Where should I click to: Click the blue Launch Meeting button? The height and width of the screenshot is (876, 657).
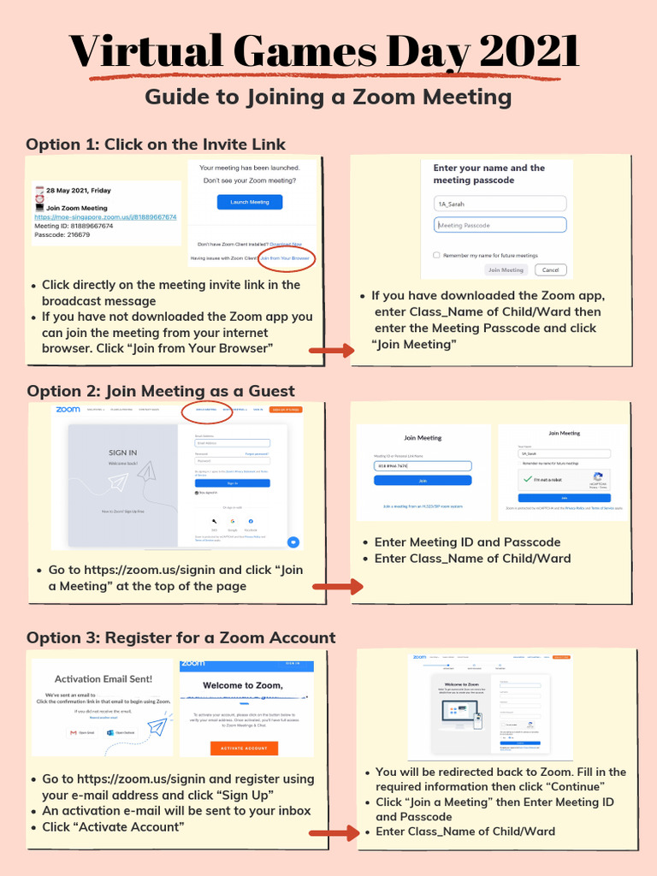tap(250, 202)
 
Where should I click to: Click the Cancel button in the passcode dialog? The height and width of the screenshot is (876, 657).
tap(550, 269)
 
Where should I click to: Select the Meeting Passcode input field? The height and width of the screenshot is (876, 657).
tap(500, 225)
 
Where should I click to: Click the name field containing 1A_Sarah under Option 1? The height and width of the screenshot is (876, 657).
tap(500, 204)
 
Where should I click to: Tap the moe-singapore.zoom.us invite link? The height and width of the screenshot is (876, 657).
tap(105, 217)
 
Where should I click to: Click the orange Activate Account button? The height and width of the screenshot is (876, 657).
tap(244, 748)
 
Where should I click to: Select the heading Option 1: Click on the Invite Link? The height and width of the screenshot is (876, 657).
tap(156, 144)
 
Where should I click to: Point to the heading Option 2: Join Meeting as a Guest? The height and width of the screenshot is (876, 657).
tap(161, 391)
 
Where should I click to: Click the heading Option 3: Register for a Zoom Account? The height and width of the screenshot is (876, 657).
tap(181, 637)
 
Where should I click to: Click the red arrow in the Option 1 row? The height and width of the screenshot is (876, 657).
tap(331, 350)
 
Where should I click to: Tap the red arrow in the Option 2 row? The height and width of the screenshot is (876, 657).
tap(337, 588)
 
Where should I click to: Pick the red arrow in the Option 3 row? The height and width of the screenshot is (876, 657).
tap(331, 833)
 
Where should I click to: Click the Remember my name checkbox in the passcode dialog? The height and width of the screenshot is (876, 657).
tap(436, 255)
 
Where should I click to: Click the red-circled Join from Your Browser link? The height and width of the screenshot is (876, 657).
tap(286, 257)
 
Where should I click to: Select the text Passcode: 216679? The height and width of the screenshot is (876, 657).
tap(62, 234)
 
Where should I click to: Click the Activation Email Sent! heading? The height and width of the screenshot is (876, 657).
tap(104, 678)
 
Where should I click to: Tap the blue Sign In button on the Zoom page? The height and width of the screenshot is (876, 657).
tap(232, 482)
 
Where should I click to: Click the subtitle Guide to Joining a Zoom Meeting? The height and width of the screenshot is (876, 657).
tap(328, 97)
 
